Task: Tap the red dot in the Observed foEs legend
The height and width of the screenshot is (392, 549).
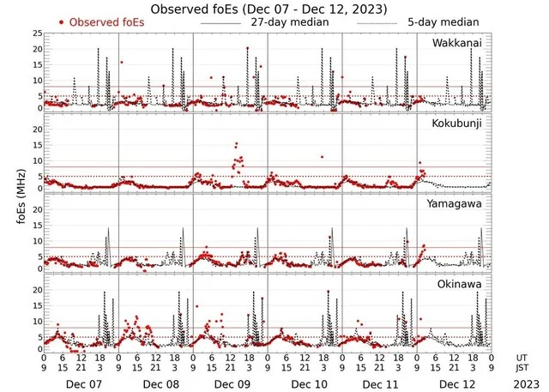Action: coord(61,21)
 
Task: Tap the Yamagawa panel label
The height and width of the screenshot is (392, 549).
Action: coord(462,204)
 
